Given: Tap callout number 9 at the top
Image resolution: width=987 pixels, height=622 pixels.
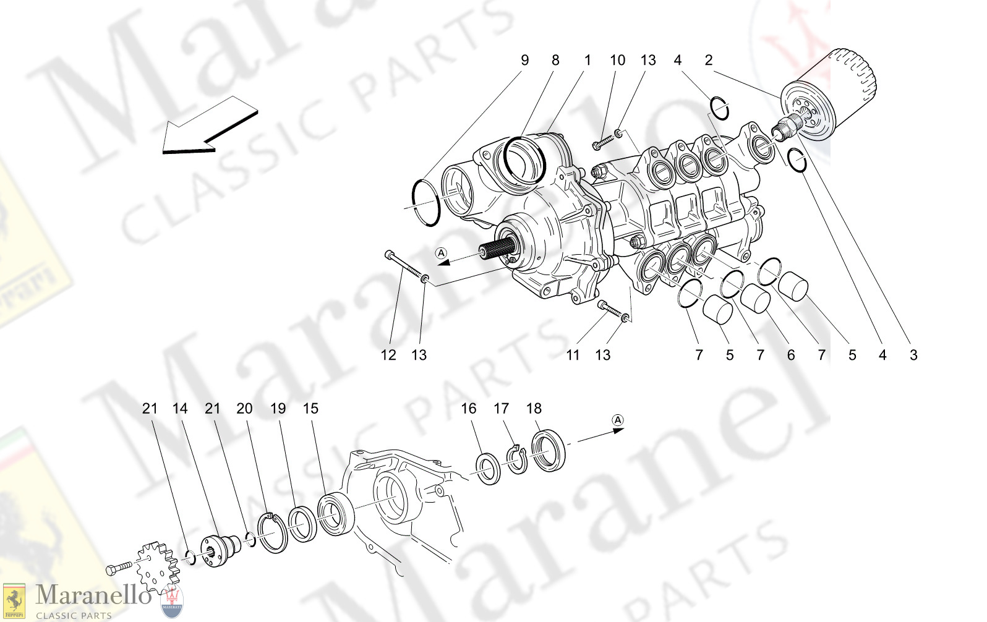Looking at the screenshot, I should (x=524, y=60).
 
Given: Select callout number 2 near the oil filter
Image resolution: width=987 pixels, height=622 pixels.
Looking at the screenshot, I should (x=708, y=60).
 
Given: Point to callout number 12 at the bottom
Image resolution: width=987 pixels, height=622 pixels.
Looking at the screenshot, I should (x=388, y=355).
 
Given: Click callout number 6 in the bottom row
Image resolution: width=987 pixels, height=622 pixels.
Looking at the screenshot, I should (x=790, y=355).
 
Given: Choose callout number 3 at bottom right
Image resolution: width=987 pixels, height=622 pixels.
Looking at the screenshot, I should (x=913, y=355).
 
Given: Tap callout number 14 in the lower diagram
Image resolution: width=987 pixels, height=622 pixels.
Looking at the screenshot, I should (x=179, y=408).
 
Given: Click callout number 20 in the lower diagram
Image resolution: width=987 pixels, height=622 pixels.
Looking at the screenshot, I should (x=244, y=408).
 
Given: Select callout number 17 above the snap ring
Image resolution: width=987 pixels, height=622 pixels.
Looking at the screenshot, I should (x=501, y=408).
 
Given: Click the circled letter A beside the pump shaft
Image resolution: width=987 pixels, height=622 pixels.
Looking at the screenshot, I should (x=440, y=253).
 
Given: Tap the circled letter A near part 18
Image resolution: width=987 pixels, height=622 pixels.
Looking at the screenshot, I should (x=617, y=420).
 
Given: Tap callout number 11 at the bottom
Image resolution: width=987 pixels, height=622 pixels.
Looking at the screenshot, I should (x=573, y=355).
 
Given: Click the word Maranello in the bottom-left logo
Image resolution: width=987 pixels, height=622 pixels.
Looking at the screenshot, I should (x=93, y=596).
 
